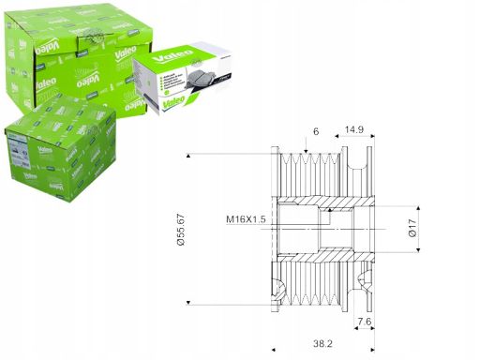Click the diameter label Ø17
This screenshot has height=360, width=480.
pyautogui.click(x=413, y=228)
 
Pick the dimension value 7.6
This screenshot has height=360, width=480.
pyautogui.click(x=363, y=322)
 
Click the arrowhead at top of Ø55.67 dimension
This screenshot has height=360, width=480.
pyautogui.click(x=191, y=153)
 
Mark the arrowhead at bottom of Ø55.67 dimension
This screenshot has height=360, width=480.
pyautogui.click(x=191, y=302)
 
